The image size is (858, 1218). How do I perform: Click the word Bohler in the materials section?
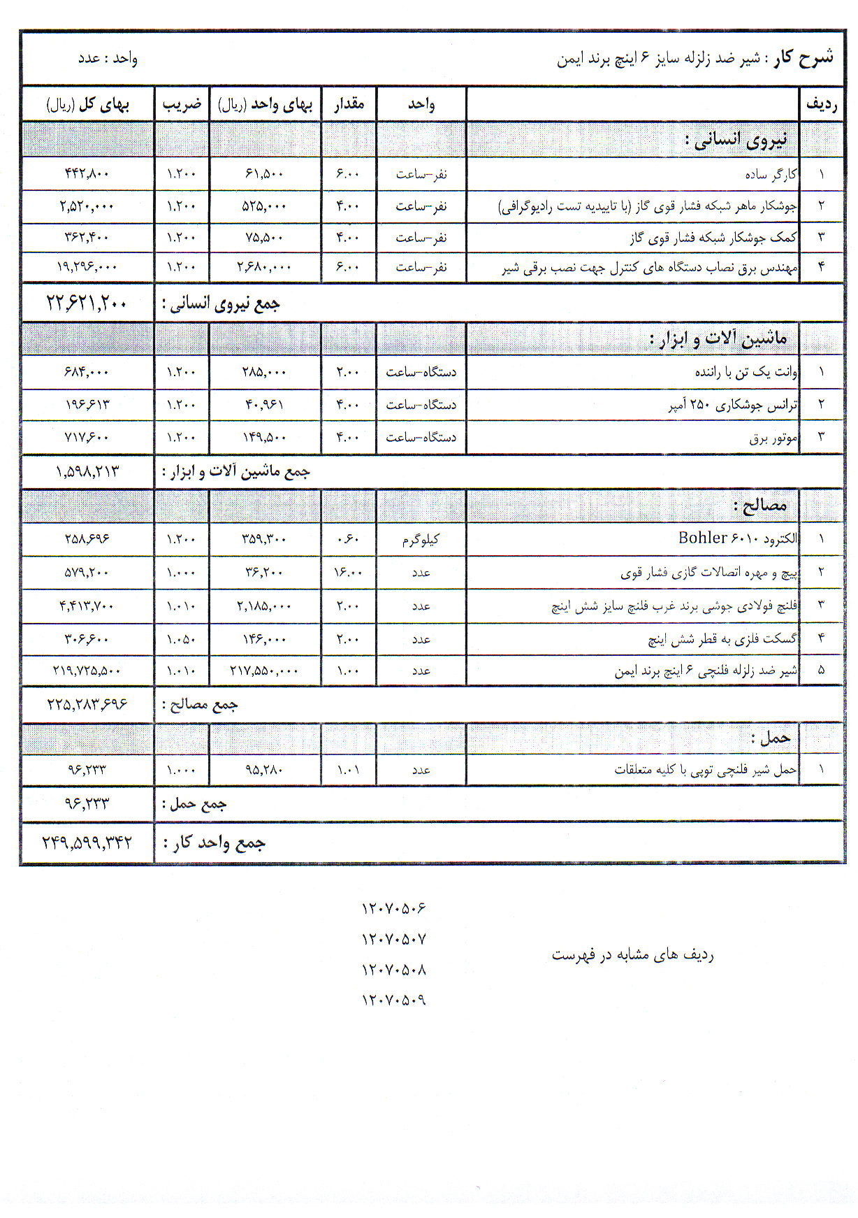[x=702, y=538]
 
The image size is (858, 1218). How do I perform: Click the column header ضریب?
[x=182, y=104]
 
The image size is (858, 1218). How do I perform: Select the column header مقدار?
[x=349, y=104]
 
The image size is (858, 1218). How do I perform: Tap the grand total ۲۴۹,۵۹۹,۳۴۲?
[x=87, y=843]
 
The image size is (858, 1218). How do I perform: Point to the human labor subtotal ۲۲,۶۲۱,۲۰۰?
[x=87, y=303]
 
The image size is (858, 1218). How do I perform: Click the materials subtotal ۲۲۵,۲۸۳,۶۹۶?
[x=87, y=704]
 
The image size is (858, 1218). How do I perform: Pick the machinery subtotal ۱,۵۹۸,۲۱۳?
[x=87, y=472]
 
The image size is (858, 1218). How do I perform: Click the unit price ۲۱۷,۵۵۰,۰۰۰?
[x=264, y=671]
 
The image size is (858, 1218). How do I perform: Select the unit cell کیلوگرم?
[x=421, y=539]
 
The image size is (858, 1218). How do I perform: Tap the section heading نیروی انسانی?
[x=741, y=140]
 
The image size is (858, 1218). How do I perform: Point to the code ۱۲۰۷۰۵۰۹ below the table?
[x=393, y=1001]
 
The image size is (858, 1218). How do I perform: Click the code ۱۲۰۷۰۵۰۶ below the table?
[x=393, y=908]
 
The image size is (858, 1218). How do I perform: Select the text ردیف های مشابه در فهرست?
[x=632, y=954]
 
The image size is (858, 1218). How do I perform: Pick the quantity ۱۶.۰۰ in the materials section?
[x=348, y=573]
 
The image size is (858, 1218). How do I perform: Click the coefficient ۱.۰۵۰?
[x=181, y=639]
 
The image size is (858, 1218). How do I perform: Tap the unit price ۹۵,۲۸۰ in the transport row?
[x=264, y=770]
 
